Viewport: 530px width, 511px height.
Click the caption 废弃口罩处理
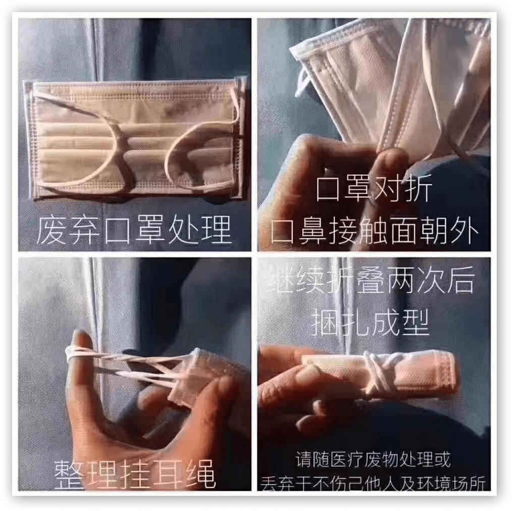click(x=134, y=230)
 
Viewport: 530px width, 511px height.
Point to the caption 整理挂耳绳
click(x=135, y=473)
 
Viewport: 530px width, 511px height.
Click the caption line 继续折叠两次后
click(x=374, y=282)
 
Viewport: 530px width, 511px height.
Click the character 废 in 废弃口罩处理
click(x=51, y=230)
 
